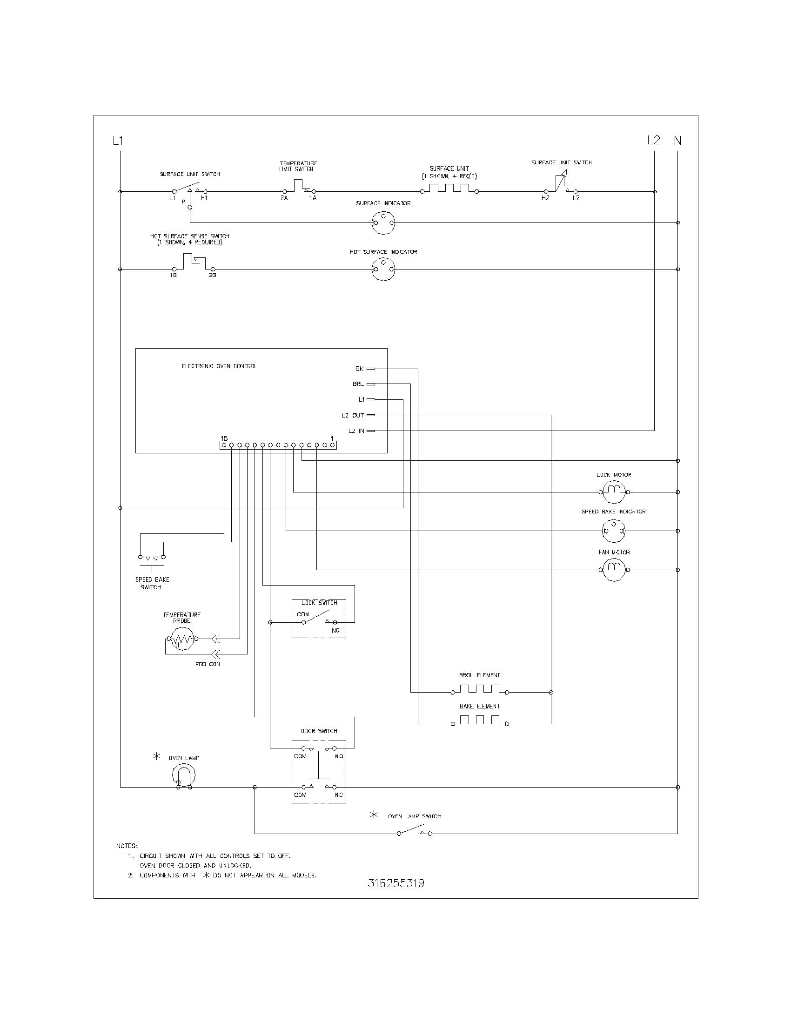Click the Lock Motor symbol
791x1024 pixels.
point(614,492)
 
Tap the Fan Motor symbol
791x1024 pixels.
point(614,570)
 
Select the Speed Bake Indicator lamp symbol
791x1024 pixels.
point(614,531)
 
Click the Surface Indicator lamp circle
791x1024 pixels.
point(383,222)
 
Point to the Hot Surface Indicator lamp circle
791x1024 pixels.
point(383,269)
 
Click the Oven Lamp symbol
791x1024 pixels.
point(184,776)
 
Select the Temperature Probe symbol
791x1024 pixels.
point(182,639)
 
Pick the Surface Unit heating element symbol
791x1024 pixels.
point(449,189)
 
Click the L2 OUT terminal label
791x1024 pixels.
point(353,415)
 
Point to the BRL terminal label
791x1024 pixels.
point(358,384)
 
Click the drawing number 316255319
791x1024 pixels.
point(396,883)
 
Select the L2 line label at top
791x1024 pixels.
point(653,140)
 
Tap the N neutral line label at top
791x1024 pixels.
point(677,140)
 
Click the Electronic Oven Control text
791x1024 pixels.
point(219,366)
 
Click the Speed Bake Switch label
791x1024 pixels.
point(152,583)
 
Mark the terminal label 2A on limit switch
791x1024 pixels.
point(284,198)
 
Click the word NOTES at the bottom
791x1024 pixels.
point(127,846)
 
